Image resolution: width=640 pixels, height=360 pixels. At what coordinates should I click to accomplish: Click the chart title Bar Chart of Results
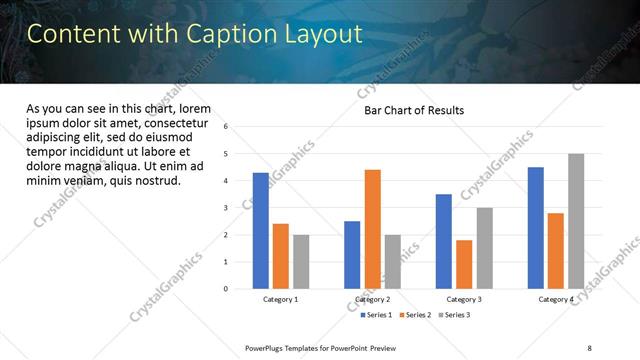pyautogui.click(x=414, y=110)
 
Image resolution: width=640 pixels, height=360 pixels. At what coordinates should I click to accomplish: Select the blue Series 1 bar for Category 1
pyautogui.click(x=261, y=231)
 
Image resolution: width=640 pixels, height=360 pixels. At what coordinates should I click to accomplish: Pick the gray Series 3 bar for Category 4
pyautogui.click(x=576, y=221)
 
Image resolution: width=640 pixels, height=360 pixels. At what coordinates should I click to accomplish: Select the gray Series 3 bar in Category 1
pyautogui.click(x=301, y=262)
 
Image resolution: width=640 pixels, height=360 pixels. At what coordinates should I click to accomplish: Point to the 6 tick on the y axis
pyautogui.click(x=227, y=127)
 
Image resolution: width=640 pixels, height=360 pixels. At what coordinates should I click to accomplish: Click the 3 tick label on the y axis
pyautogui.click(x=227, y=208)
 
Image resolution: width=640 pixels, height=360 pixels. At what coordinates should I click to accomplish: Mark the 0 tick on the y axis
pyautogui.click(x=227, y=289)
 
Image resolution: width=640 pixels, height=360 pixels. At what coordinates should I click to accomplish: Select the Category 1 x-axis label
pyautogui.click(x=281, y=300)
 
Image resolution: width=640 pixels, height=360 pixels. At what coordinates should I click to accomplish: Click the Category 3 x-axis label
pyautogui.click(x=464, y=300)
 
